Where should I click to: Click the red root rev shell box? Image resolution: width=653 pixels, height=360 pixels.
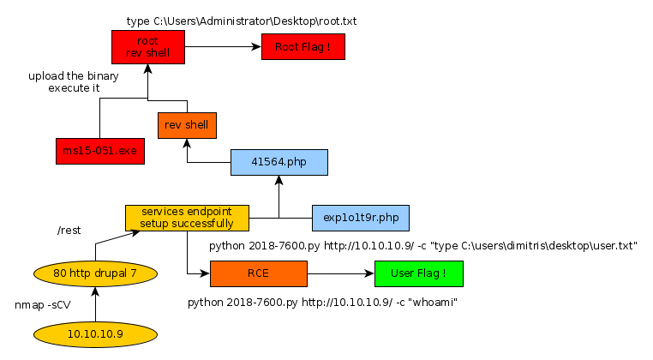point(147,47)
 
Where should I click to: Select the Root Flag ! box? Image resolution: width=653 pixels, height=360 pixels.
point(303,47)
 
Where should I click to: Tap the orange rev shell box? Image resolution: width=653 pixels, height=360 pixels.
point(187,125)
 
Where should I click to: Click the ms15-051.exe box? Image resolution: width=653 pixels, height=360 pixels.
point(99,151)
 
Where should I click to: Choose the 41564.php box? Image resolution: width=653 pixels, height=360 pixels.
point(279,163)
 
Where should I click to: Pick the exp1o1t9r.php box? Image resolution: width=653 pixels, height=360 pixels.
point(361,218)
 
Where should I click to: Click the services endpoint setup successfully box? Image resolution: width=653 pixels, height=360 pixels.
point(187,218)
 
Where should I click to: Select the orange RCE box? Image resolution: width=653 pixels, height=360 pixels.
point(258,274)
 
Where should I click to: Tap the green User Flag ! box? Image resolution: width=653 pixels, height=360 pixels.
point(419,274)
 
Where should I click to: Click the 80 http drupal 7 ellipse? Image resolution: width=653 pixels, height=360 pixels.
point(96,273)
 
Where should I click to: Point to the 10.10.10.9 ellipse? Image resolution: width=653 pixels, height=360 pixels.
point(96,333)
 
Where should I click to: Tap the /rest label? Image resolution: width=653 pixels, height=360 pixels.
point(69,230)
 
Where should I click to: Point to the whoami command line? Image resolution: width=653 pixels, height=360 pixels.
point(321,303)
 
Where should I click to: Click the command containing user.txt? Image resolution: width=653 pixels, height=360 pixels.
point(424,246)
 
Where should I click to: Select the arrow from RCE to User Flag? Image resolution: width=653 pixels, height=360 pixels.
point(340,274)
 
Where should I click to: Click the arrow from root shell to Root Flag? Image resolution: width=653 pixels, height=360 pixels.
point(222,47)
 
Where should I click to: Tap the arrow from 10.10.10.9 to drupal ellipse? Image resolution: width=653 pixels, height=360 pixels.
point(96,303)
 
